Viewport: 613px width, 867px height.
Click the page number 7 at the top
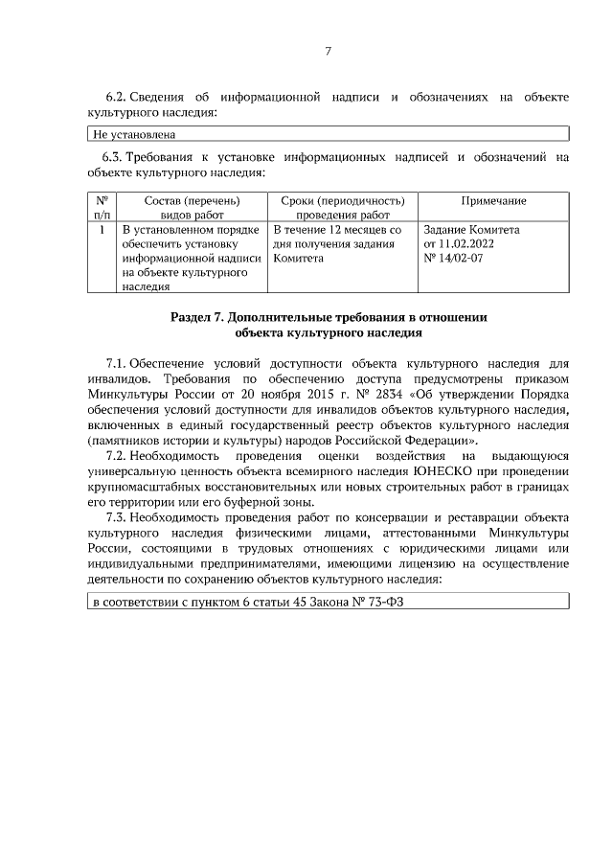pos(328,51)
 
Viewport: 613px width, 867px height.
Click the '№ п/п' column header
pos(101,208)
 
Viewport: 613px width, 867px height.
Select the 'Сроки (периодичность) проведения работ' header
pos(343,208)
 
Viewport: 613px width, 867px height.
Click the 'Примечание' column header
pos(493,200)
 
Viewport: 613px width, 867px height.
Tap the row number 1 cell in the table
pos(101,230)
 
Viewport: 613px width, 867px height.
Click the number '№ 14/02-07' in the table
pos(453,258)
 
